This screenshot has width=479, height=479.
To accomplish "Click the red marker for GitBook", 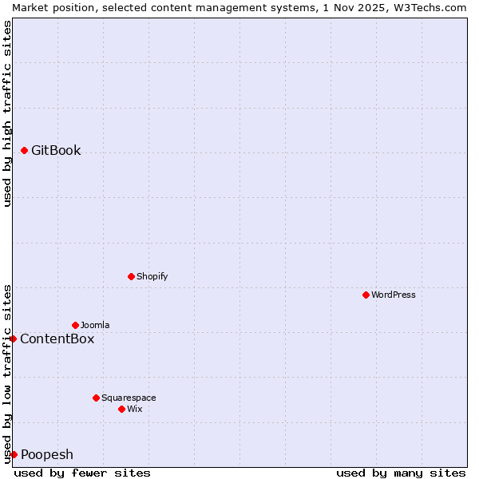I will tap(25, 150).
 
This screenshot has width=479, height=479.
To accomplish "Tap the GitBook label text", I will tap(56, 151).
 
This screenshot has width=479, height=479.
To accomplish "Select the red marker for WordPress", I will tap(366, 295).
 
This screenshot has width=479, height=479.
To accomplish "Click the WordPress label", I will tap(394, 295).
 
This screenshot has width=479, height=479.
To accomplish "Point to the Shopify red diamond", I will tap(132, 276).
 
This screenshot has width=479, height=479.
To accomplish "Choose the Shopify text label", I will tap(152, 276).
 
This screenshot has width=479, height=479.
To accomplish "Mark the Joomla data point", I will tap(76, 325).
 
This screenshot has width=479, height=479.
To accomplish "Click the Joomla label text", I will tap(95, 325).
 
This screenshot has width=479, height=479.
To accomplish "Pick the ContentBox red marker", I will tap(14, 338).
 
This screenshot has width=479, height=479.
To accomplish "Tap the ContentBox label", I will tap(57, 338).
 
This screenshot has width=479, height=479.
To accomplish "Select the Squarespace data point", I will tap(97, 398).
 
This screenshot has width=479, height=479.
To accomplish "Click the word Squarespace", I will tap(129, 398).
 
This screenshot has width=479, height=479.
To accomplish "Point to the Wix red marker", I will tap(122, 409).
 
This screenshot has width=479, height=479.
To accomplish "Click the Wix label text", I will tap(135, 409).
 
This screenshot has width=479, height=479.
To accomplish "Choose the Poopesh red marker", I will tap(14, 454).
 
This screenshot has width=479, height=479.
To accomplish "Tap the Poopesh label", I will tap(47, 455).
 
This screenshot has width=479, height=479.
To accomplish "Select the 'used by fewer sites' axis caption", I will tap(82, 473).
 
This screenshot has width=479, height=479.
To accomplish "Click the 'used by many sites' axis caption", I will tap(401, 473).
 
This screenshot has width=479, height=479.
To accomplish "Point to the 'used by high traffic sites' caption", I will tap(7, 113).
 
